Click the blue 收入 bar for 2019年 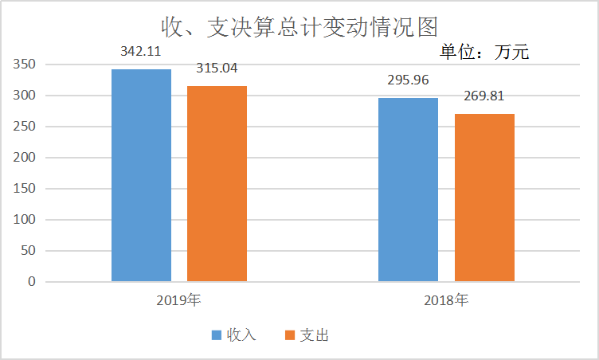pyautogui.click(x=141, y=175)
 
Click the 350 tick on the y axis pyautogui.click(x=25, y=65)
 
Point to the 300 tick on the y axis pyautogui.click(x=25, y=96)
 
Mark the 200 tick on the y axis pyautogui.click(x=25, y=158)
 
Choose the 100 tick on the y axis pyautogui.click(x=25, y=220)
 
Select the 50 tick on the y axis pyautogui.click(x=29, y=251)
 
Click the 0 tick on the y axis pyautogui.click(x=32, y=282)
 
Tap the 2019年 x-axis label pyautogui.click(x=178, y=301)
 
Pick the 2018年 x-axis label pyautogui.click(x=445, y=301)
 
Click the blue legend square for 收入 pyautogui.click(x=217, y=335)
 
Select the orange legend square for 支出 pyautogui.click(x=290, y=335)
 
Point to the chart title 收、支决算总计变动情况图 pyautogui.click(x=299, y=26)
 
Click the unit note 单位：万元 pyautogui.click(x=484, y=53)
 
